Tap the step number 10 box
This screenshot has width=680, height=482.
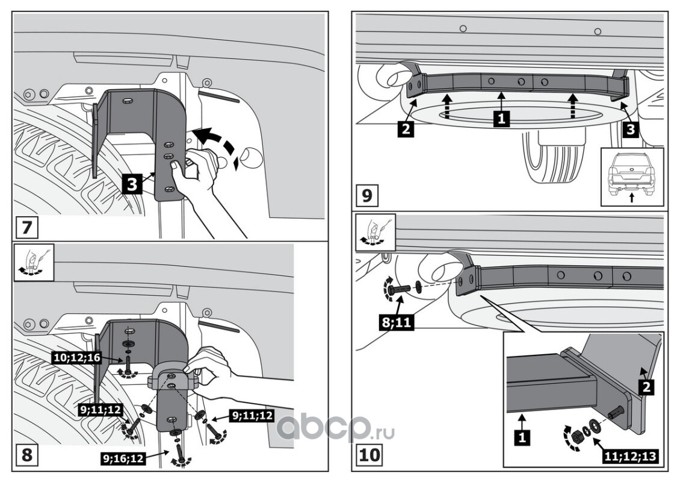(x=369, y=454)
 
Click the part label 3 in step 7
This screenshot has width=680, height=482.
(x=133, y=183)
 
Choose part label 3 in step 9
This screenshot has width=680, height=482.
(x=631, y=129)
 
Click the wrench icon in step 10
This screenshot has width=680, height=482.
(x=376, y=232)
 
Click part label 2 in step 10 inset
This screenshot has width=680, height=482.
(x=647, y=387)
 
